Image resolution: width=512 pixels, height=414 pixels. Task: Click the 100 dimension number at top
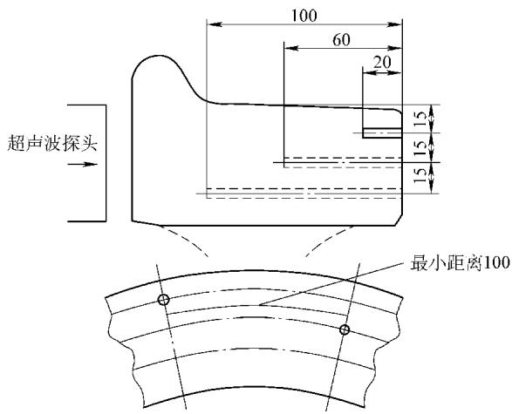304,16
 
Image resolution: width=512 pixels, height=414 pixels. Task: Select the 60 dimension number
341,40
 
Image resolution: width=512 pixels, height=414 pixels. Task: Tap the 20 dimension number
382,62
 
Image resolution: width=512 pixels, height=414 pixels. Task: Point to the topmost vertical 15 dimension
421,119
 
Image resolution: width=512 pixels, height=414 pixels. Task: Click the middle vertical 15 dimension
421,147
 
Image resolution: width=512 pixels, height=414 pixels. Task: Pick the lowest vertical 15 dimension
421,176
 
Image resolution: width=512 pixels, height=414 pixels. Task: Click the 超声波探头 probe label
52,143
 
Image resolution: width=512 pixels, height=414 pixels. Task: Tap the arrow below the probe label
83,164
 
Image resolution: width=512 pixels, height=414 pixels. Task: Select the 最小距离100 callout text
460,263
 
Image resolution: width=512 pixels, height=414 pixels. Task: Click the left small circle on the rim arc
164,299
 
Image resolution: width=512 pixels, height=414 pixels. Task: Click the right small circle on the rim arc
345,329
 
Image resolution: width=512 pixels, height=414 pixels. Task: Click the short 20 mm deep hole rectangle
382,132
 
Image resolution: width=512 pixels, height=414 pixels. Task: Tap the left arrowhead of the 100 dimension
215,24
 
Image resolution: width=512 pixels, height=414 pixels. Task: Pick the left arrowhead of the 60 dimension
291,48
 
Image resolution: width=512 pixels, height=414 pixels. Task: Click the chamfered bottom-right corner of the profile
399,221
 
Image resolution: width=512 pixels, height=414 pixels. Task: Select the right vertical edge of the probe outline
106,163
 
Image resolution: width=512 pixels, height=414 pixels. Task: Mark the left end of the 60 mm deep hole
284,162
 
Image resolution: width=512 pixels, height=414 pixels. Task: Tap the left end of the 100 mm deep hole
208,193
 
